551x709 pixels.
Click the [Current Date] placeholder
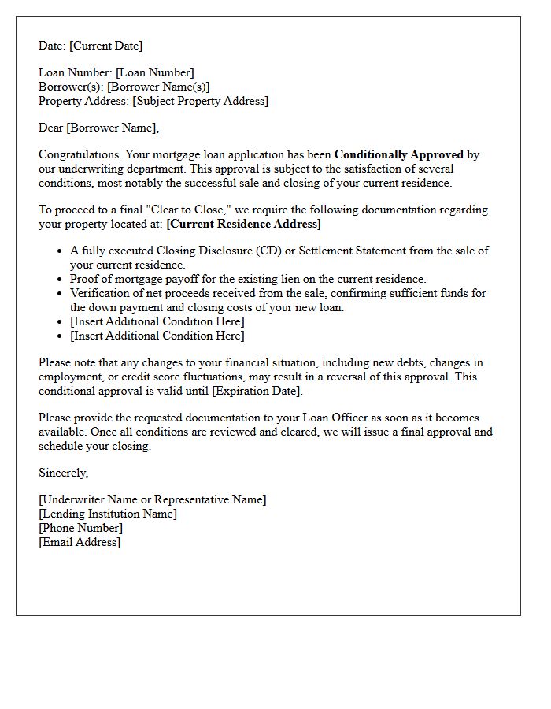coord(105,46)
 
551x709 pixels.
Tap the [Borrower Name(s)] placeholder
coord(158,87)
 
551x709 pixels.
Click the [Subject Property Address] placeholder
coord(200,101)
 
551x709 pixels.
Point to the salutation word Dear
coord(51,128)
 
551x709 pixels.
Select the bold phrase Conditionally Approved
coord(398,154)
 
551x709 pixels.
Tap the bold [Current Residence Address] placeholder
coord(243,224)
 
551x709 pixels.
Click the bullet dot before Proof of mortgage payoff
coord(60,280)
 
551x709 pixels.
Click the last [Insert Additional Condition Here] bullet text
coord(157,336)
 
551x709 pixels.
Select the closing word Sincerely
coord(63,473)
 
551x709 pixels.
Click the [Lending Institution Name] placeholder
coord(108,514)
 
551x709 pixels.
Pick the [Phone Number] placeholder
coord(80,528)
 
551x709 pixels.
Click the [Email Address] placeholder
coord(80,542)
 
